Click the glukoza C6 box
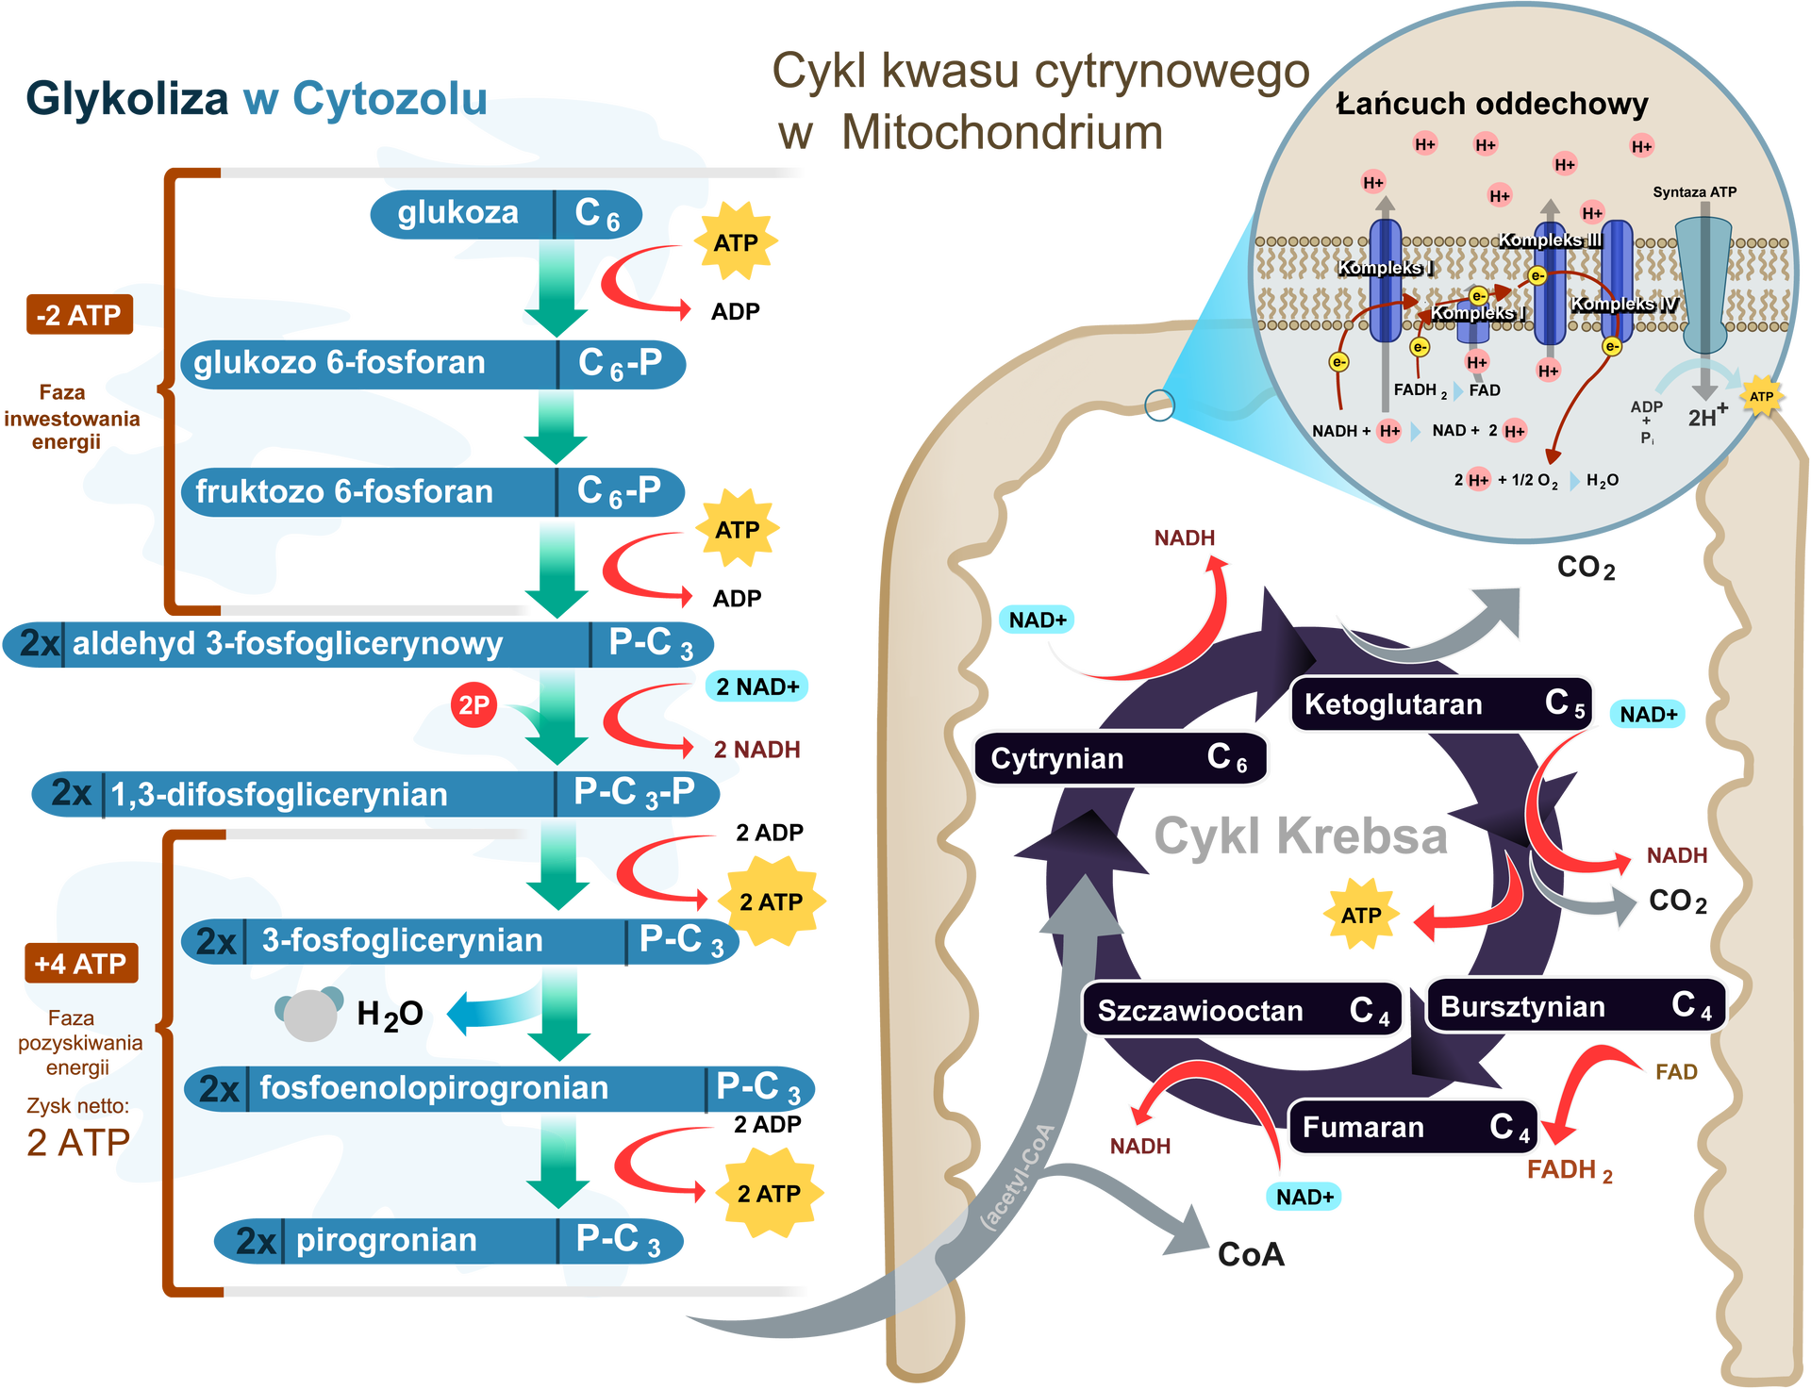[505, 214]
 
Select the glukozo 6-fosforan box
[434, 364]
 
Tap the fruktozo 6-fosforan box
[434, 491]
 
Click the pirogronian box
[448, 1240]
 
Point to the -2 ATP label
[78, 315]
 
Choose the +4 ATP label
[80, 964]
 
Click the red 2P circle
[474, 704]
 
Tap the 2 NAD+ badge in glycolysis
[756, 686]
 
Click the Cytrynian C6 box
[1121, 758]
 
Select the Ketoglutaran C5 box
[1440, 703]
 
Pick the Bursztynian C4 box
[1575, 1006]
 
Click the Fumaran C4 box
[1414, 1127]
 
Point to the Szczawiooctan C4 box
[1243, 1011]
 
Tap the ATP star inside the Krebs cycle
[1361, 915]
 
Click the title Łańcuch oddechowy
[1492, 104]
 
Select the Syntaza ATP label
[1694, 192]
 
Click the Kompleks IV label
[1623, 304]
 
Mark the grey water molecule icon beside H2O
[309, 1013]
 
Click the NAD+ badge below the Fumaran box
[1304, 1197]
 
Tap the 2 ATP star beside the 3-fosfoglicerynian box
[772, 901]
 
